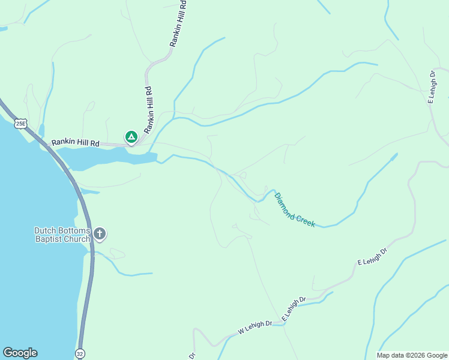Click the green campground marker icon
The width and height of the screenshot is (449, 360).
click(131, 137)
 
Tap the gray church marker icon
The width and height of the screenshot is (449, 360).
click(100, 233)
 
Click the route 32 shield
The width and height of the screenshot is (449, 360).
click(80, 354)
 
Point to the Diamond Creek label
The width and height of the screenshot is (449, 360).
click(295, 210)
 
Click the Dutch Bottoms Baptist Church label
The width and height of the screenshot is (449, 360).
click(62, 235)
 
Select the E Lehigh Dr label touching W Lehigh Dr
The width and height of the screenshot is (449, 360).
click(294, 309)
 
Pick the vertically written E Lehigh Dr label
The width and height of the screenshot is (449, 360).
click(432, 88)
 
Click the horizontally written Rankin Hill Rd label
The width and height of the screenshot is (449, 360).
click(75, 143)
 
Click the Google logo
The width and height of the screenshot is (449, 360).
click(20, 353)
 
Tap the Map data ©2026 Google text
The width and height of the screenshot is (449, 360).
click(411, 355)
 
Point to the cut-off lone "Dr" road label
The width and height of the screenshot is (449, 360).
click(192, 355)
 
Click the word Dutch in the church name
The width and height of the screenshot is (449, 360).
click(45, 230)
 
